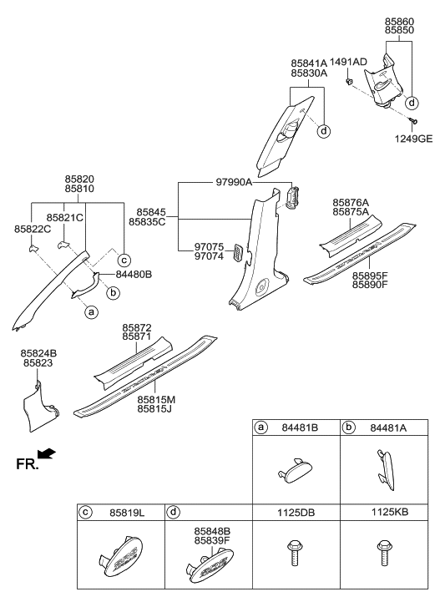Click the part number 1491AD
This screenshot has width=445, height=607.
pos(348,63)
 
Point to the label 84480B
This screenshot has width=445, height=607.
pos(135,274)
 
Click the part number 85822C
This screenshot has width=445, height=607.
pos(33,229)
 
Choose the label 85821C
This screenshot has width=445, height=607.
pos(66,217)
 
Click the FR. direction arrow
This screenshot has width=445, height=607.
pos(48,454)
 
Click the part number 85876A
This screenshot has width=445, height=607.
pos(351,202)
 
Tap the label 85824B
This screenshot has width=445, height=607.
pos(40,353)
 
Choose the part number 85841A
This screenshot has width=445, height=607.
pos(309,63)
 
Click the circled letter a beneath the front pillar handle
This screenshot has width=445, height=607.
pos(91,311)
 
